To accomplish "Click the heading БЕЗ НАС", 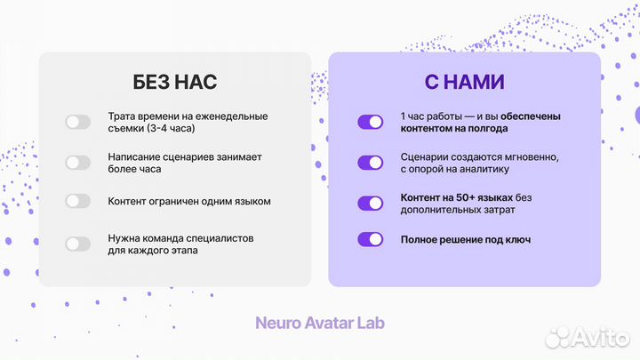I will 174,83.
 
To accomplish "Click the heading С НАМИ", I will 464,83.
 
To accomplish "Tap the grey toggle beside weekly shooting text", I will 78,122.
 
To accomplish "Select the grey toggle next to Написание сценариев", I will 78,163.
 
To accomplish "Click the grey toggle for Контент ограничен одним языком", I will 78,201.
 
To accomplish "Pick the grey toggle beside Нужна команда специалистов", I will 78,244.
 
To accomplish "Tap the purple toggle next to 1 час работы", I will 370,122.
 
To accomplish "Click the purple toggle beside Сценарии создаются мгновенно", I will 370,163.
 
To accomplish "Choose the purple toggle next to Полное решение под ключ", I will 370,239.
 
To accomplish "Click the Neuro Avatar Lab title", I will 320,323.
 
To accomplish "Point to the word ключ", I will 516,239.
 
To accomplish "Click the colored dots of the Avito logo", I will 557,336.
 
